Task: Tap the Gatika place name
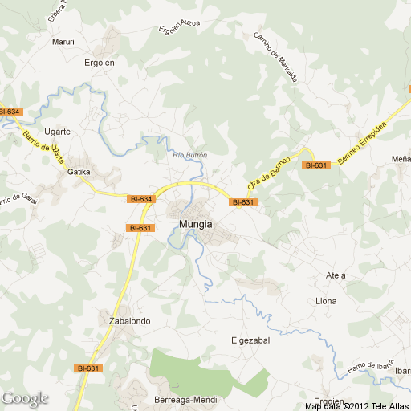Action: pyautogui.click(x=78, y=172)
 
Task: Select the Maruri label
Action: pyautogui.click(x=63, y=42)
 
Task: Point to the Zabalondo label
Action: pyautogui.click(x=129, y=321)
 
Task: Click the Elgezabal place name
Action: pyautogui.click(x=250, y=340)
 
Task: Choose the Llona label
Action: pyautogui.click(x=327, y=301)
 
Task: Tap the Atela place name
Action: pyautogui.click(x=336, y=275)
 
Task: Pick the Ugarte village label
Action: pyautogui.click(x=58, y=131)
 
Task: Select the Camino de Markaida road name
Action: pyautogui.click(x=276, y=57)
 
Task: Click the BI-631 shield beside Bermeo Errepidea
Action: pyautogui.click(x=316, y=165)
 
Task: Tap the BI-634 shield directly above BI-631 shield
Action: pyautogui.click(x=140, y=198)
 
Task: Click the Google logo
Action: pyautogui.click(x=25, y=398)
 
